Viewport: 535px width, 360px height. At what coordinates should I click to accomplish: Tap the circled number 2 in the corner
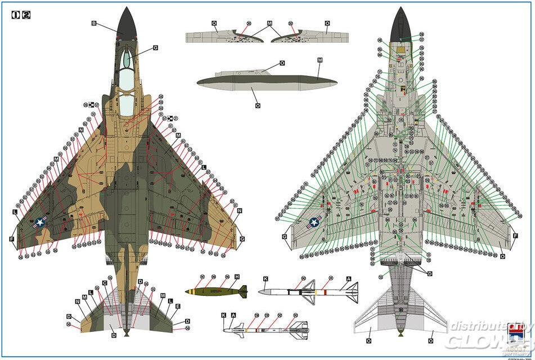coord(25,15)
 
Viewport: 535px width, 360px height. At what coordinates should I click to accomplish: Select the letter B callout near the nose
coord(94,23)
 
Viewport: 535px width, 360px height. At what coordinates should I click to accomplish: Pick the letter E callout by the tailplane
coord(178,307)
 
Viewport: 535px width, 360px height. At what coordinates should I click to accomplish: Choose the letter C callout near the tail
coord(105,282)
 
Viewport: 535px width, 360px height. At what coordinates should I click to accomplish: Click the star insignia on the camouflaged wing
coord(41,223)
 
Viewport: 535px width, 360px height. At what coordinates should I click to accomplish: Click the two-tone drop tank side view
coord(267,83)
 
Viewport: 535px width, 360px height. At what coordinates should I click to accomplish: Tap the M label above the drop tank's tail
coord(319,60)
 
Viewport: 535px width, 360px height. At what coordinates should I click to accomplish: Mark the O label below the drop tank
coord(257,105)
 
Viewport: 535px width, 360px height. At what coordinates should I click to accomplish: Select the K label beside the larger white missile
coord(266,279)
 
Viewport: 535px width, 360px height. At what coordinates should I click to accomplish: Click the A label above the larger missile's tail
coord(349,279)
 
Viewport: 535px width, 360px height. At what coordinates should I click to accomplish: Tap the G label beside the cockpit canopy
coord(155,48)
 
